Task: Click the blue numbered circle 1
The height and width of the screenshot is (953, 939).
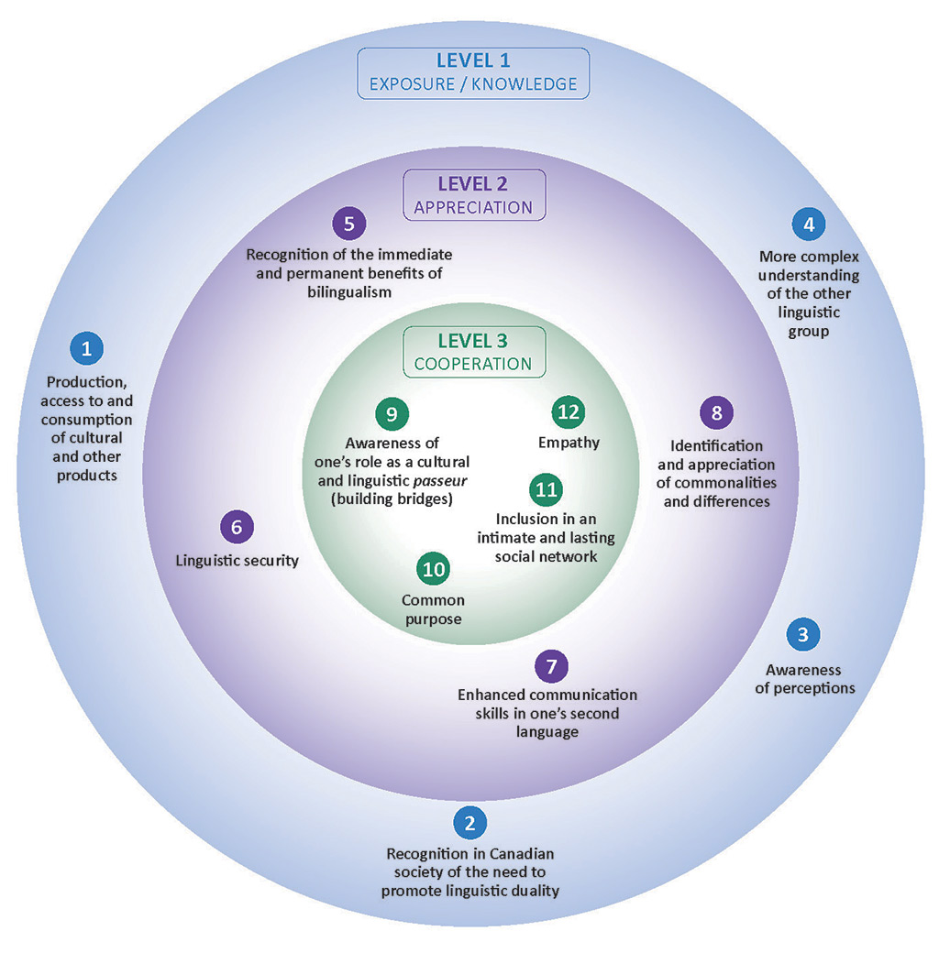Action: pos(87,348)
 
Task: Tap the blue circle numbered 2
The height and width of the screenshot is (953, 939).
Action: pos(469,822)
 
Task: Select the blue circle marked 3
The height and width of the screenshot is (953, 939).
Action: pos(803,634)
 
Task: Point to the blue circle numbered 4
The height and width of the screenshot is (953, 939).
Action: pos(808,224)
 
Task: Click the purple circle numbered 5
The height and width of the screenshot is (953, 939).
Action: pos(348,223)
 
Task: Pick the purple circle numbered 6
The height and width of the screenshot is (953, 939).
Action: pos(237,527)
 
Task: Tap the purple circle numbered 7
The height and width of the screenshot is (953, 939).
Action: pos(551,666)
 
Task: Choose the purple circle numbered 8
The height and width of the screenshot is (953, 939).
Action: pos(716,413)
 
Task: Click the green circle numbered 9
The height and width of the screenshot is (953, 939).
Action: pos(392,413)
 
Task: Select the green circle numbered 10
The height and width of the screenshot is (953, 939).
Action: pos(433,569)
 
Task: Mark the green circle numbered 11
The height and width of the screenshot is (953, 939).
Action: pos(547,489)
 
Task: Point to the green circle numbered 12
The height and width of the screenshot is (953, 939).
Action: pos(569,411)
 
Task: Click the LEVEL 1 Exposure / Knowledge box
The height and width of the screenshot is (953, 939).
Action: pos(473,72)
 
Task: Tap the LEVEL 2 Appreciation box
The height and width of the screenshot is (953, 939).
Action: pos(473,194)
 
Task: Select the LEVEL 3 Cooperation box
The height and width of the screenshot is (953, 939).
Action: pos(473,352)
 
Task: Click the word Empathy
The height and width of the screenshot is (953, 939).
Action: pos(569,443)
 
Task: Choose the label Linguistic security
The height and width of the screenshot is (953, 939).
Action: pos(238,560)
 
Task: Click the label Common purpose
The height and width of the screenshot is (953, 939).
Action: pos(434,609)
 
